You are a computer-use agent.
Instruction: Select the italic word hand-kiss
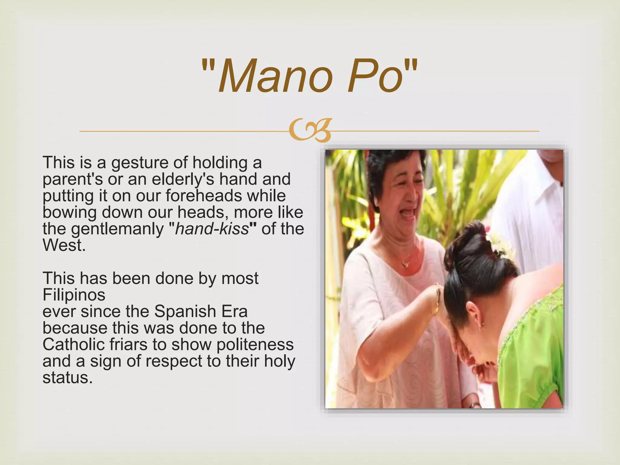point(212,229)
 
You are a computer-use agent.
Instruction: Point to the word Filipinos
point(74,295)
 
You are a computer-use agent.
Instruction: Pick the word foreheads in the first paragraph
point(203,196)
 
